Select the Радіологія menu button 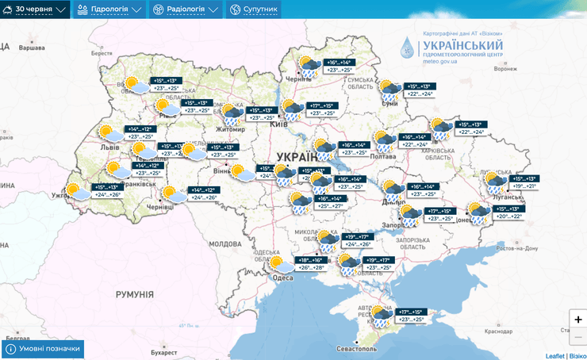(x=186, y=10)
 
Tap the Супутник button (x=255, y=10)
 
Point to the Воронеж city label (x=505, y=69)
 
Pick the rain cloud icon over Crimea (x=382, y=316)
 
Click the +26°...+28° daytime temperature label (x=311, y=268)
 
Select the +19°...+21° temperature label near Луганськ (x=524, y=186)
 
